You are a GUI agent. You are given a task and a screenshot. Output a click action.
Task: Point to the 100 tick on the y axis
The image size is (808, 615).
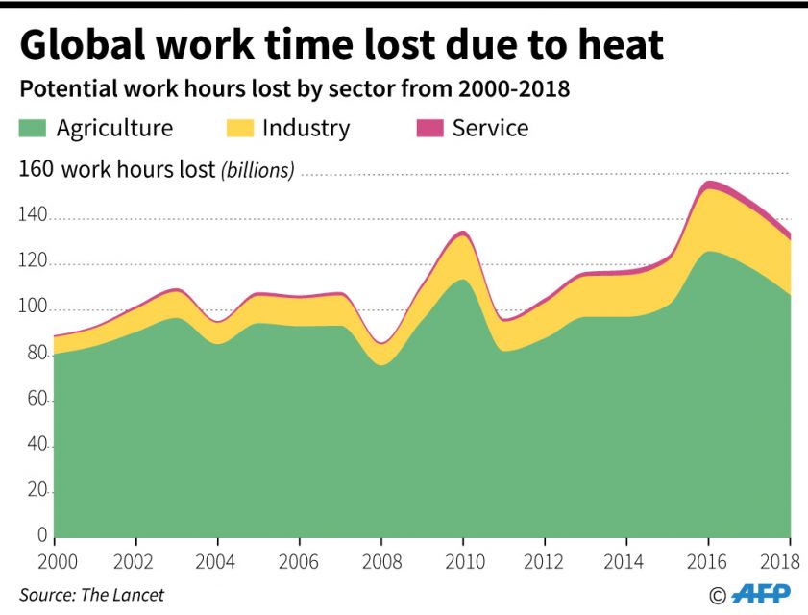point(34,308)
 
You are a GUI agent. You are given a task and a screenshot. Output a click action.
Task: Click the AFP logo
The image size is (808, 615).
point(760,594)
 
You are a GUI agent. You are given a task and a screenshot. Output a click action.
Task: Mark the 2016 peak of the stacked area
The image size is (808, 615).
point(709,182)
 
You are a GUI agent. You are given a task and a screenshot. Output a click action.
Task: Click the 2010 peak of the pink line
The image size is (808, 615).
point(463,232)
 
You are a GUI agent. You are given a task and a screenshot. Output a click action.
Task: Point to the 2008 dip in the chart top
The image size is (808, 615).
point(381,343)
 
